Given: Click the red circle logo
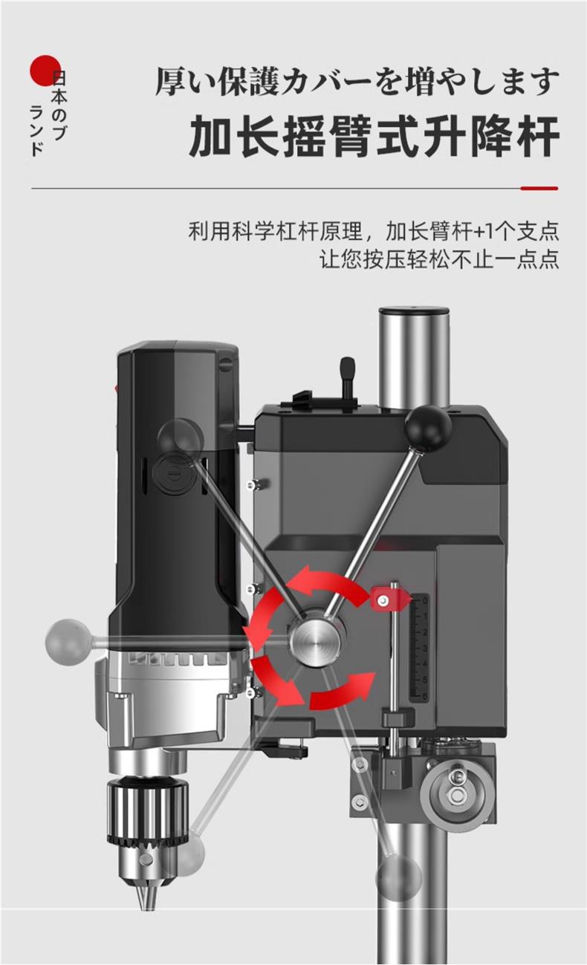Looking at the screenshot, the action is tap(44, 71).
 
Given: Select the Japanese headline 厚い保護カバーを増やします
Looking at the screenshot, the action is tap(357, 81).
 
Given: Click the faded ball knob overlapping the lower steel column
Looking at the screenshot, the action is tap(398, 878).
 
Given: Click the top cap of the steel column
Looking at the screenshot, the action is tap(415, 314).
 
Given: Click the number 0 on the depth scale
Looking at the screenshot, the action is tap(424, 600).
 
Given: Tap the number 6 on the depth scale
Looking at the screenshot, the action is tap(424, 695).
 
